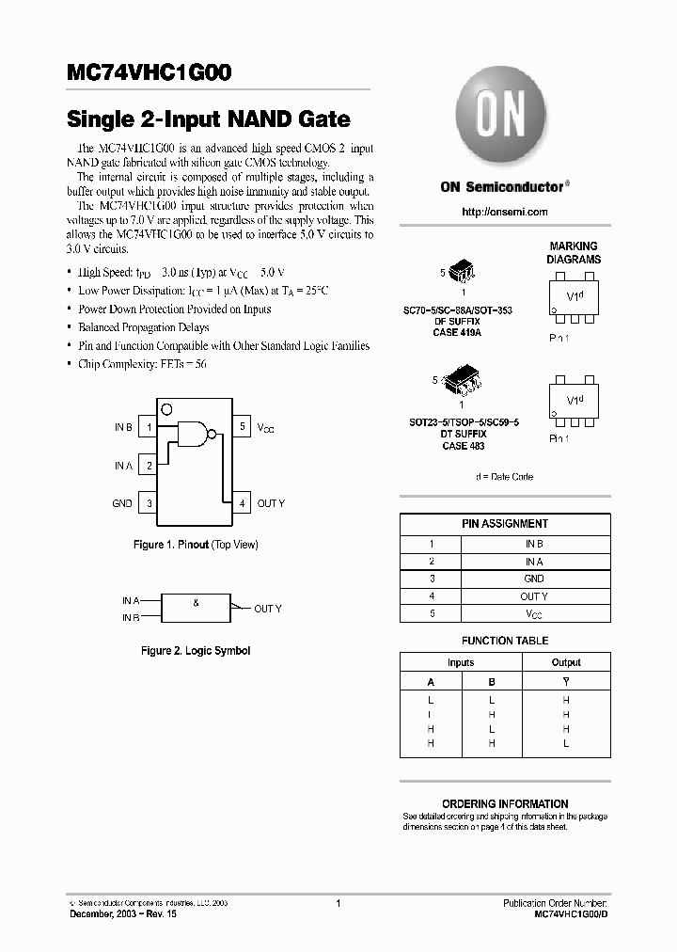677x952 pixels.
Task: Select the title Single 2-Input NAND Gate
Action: click(x=209, y=120)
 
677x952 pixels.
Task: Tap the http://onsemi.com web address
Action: click(x=504, y=212)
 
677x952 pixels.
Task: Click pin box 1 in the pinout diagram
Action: click(x=149, y=427)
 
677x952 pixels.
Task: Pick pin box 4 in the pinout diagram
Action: click(x=242, y=503)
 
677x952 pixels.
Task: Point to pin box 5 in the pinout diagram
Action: click(x=242, y=427)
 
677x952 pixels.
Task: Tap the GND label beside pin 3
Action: click(x=122, y=503)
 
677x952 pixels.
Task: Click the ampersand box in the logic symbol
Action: click(x=197, y=608)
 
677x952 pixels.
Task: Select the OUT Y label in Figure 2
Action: click(x=268, y=609)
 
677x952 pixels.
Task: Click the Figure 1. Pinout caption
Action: click(x=196, y=545)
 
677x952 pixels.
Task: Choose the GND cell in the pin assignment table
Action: click(x=534, y=579)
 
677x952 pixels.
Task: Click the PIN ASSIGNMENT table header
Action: click(x=505, y=524)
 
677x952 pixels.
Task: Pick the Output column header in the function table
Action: click(x=566, y=662)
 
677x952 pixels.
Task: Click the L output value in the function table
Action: click(x=566, y=743)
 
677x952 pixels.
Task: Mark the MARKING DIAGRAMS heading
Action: click(x=574, y=252)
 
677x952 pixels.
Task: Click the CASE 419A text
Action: click(x=457, y=332)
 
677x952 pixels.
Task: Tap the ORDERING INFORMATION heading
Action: click(x=505, y=803)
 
